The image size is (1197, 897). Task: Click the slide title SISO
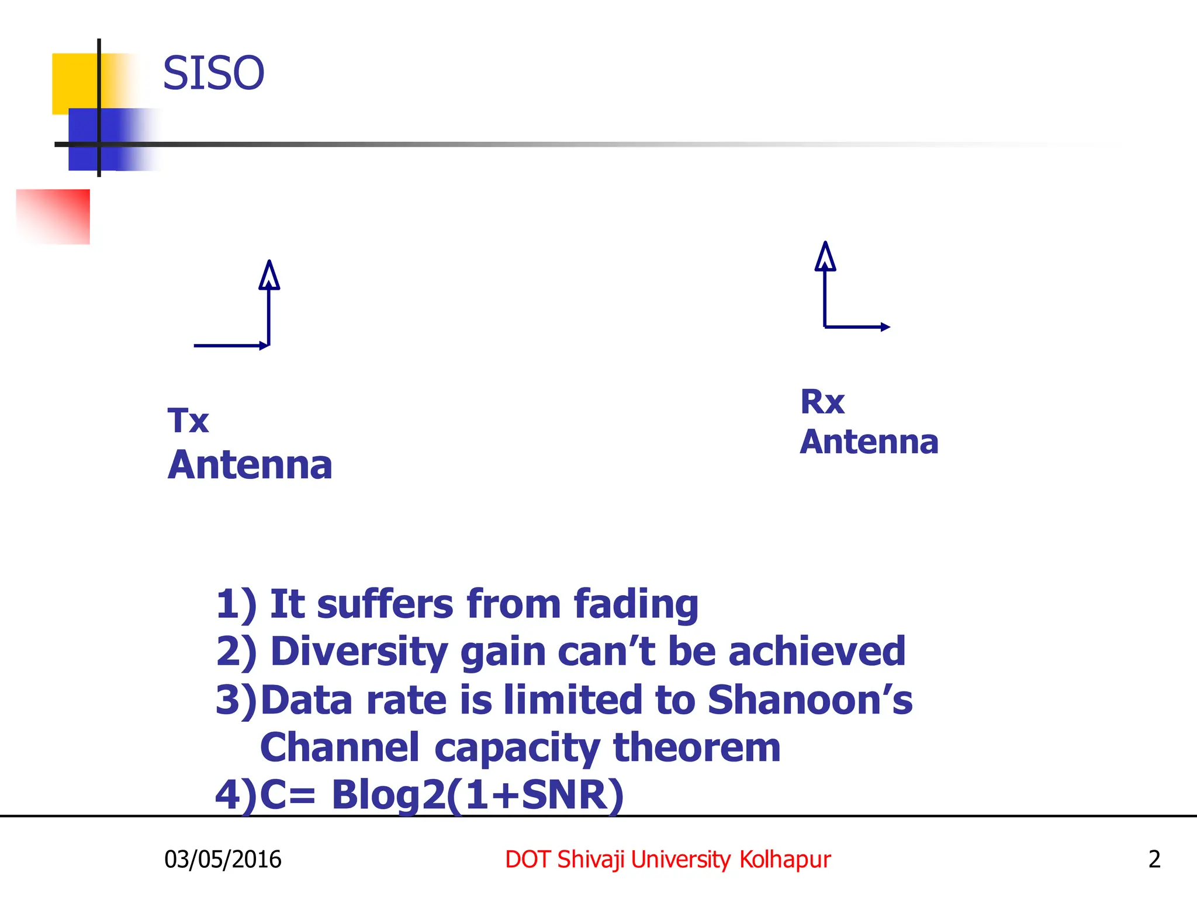click(x=213, y=74)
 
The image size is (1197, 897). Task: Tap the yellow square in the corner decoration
click(x=73, y=79)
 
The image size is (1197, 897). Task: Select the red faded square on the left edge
click(x=58, y=216)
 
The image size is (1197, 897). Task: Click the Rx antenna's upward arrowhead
click(x=825, y=256)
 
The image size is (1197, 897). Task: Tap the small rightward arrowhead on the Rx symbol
click(x=885, y=327)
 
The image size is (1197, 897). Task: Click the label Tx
click(x=188, y=420)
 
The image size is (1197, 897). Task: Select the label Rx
click(x=822, y=402)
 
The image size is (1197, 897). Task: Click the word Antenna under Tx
click(x=250, y=465)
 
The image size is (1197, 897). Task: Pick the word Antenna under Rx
click(x=869, y=442)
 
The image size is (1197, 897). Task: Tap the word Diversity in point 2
click(x=359, y=652)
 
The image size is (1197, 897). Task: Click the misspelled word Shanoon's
click(x=809, y=700)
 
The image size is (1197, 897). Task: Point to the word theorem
click(x=696, y=747)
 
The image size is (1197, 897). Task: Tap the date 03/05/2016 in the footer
click(x=223, y=860)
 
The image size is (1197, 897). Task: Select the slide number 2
click(x=1154, y=860)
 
